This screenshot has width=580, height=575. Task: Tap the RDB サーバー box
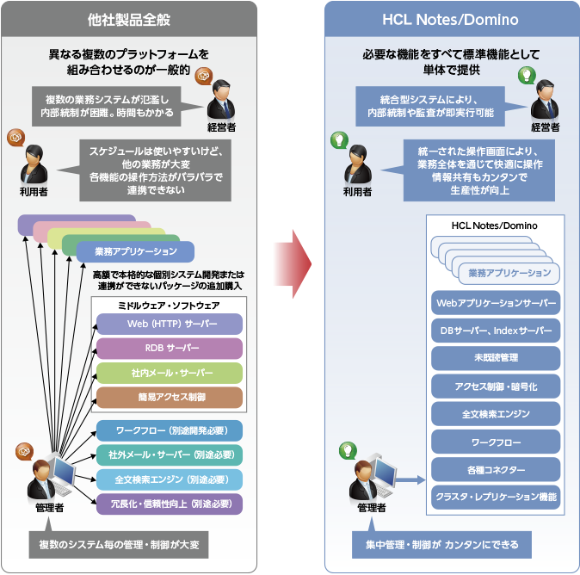[169, 349]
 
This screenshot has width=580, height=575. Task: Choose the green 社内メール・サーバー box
[169, 373]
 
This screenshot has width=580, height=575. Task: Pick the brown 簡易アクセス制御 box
[169, 397]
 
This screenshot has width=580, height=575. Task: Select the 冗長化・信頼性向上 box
[169, 504]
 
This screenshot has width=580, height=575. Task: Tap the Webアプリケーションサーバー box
[495, 303]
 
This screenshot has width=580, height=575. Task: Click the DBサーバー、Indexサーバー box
[495, 331]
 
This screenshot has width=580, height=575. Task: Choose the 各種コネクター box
[495, 470]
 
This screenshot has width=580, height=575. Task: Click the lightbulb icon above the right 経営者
[524, 75]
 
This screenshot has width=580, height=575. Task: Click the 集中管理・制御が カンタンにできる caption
[441, 545]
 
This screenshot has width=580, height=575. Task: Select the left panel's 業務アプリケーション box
[135, 252]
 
